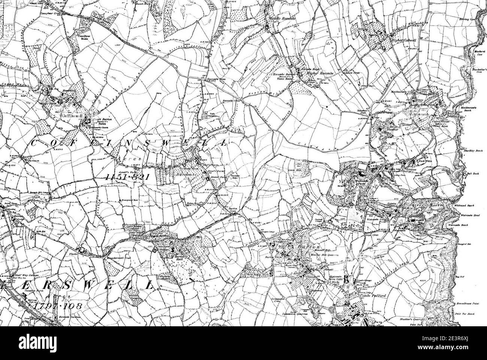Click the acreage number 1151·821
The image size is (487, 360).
click(x=124, y=176)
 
